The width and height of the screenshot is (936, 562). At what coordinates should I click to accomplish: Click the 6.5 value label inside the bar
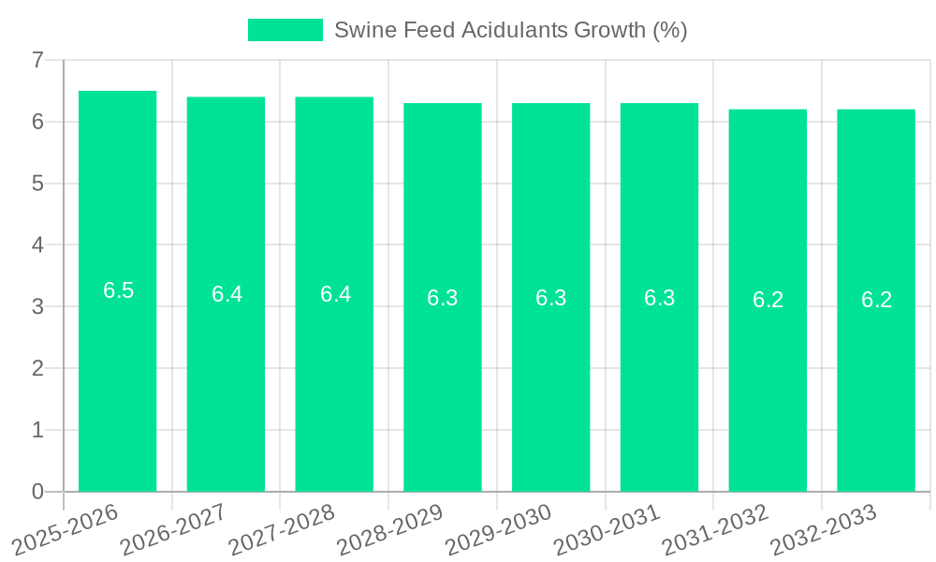point(118,290)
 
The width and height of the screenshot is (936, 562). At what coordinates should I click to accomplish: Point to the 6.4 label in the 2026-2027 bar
point(227,294)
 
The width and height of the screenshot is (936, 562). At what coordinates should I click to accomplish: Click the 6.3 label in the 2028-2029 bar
point(443,298)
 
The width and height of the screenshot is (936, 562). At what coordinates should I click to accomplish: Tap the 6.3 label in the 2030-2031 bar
point(659,298)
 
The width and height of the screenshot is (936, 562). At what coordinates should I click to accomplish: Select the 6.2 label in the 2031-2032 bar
point(768,300)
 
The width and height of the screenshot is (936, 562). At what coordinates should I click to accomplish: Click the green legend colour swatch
point(285,30)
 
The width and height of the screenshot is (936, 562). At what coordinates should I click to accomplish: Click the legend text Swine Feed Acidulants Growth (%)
point(510,30)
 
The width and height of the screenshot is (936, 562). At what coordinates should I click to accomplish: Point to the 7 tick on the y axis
point(37,60)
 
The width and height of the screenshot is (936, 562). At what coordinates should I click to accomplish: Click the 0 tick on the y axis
point(37,492)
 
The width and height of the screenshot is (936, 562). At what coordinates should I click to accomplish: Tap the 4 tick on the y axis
point(37,245)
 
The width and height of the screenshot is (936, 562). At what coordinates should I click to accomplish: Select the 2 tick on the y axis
point(37,368)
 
